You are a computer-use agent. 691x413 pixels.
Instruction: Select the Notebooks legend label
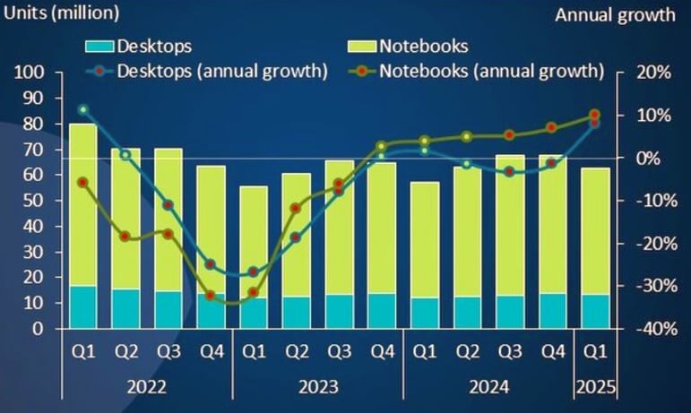[x=422, y=46]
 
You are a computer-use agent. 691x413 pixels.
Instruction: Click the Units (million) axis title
[x=61, y=14]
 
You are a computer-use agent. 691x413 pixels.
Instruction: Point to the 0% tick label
[x=649, y=158]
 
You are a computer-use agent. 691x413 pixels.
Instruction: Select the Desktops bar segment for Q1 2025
[x=594, y=312]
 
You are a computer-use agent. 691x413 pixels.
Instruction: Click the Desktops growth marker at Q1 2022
[x=83, y=110]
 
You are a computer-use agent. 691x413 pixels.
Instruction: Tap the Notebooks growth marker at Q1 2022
[x=83, y=182]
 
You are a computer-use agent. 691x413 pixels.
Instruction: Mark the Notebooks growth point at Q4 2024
[x=552, y=127]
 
